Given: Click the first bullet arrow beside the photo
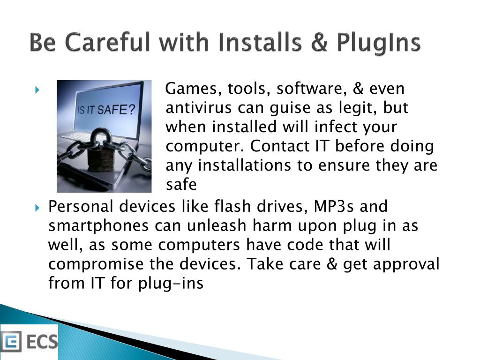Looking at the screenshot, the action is point(37,90).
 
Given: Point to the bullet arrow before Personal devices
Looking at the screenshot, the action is point(37,208).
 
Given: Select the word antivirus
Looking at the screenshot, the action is point(199,108).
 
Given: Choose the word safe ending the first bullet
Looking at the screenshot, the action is point(181,184).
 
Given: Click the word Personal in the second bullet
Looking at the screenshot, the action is point(81,206).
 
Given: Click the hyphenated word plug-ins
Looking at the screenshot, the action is point(171,284).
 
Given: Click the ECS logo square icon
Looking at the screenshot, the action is point(11,341).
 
